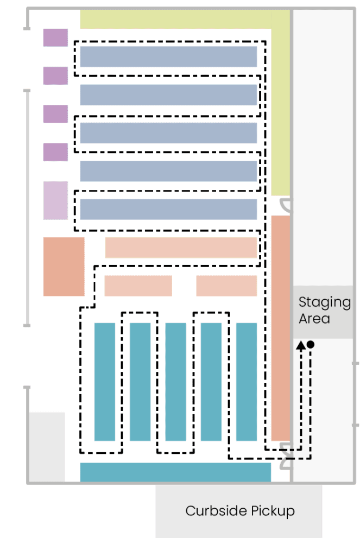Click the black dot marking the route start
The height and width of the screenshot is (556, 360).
click(311, 344)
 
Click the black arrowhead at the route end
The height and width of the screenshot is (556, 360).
click(301, 345)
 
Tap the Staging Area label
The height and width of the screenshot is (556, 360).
click(324, 310)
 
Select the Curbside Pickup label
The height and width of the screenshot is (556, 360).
click(240, 510)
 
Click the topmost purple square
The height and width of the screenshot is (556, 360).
click(56, 37)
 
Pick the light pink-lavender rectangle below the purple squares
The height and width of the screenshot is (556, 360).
click(56, 200)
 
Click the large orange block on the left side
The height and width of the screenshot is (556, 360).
click(64, 267)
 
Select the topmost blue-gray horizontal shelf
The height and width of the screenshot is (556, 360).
click(168, 56)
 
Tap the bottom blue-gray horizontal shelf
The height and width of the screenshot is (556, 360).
click(168, 209)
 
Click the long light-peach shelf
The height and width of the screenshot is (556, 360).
click(181, 248)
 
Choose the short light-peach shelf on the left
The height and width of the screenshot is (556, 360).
click(138, 286)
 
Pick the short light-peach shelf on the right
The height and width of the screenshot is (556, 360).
click(226, 286)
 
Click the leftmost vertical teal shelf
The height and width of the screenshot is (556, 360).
click(105, 382)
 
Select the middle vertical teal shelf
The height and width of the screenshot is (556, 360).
click(175, 382)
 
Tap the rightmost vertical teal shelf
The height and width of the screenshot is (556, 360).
click(247, 382)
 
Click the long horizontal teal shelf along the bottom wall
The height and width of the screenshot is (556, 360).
click(175, 472)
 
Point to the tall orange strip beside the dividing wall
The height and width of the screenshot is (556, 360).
click(281, 328)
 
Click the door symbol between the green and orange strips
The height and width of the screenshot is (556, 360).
click(286, 205)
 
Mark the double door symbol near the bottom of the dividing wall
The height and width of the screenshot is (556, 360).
click(286, 456)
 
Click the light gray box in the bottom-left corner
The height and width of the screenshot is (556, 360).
click(47, 447)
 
